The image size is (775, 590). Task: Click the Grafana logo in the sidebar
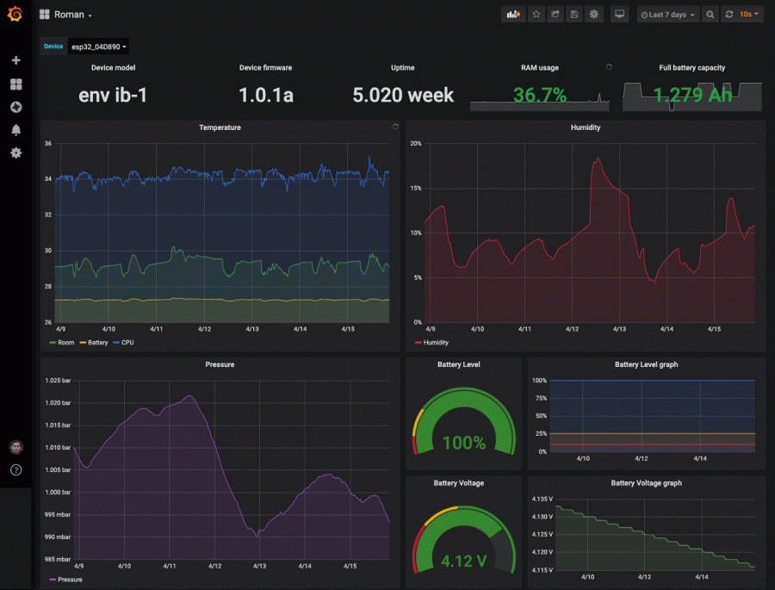pos(15,16)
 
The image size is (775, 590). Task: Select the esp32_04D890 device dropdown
pos(97,47)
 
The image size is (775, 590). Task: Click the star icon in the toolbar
pos(536,15)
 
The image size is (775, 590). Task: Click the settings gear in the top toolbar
pos(593,15)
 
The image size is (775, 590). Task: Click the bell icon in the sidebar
pos(15,130)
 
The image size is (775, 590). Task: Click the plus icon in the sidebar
pos(15,60)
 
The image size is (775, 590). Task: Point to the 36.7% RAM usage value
pos(539,95)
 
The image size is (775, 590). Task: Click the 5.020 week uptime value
pos(402,95)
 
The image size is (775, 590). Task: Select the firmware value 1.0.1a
pos(265,95)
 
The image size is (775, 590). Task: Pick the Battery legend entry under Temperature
pos(95,342)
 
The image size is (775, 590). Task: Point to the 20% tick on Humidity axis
pos(415,143)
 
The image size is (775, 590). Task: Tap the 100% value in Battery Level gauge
pos(463,444)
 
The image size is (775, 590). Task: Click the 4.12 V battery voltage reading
pos(463,562)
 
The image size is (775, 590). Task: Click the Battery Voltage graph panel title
pos(646,483)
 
